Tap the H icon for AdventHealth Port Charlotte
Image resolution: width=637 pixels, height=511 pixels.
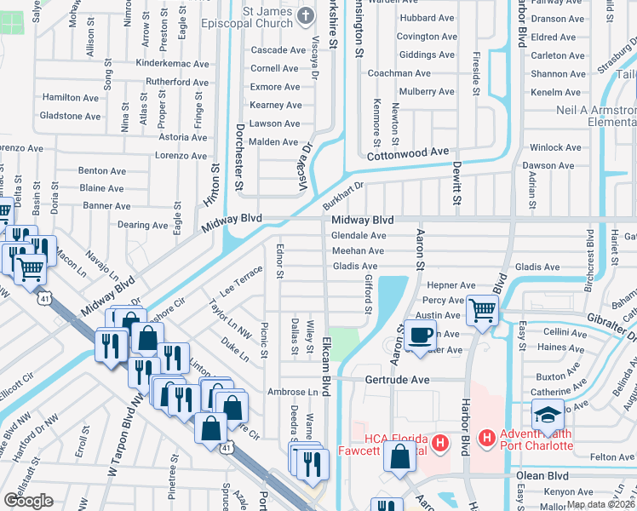click(x=487, y=438)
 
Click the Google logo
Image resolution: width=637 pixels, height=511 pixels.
click(x=28, y=501)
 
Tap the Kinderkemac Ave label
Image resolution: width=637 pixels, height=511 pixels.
click(x=172, y=64)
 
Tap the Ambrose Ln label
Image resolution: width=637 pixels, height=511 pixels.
click(x=292, y=393)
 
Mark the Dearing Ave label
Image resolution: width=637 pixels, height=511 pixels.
click(x=141, y=226)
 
